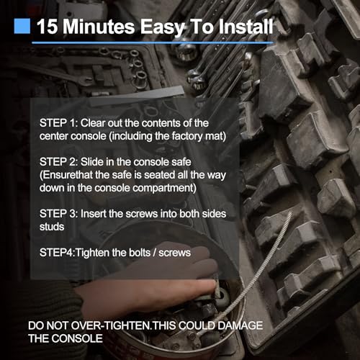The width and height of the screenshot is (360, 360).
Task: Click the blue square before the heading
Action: tap(22, 27)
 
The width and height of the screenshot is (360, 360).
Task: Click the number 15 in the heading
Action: tap(48, 27)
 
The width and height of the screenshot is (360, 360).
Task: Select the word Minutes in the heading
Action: tap(100, 27)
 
